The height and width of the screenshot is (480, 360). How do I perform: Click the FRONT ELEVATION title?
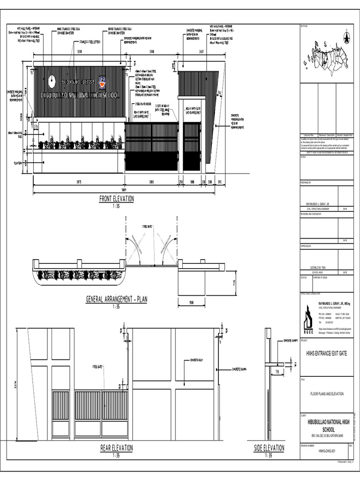pyautogui.click(x=116, y=199)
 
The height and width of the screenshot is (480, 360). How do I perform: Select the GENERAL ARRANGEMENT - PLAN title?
pyautogui.click(x=116, y=300)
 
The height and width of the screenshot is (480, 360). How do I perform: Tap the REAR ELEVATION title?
pyautogui.click(x=116, y=448)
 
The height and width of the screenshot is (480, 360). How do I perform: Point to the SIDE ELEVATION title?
pyautogui.click(x=269, y=448)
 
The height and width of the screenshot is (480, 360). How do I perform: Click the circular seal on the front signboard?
pyautogui.click(x=52, y=79)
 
